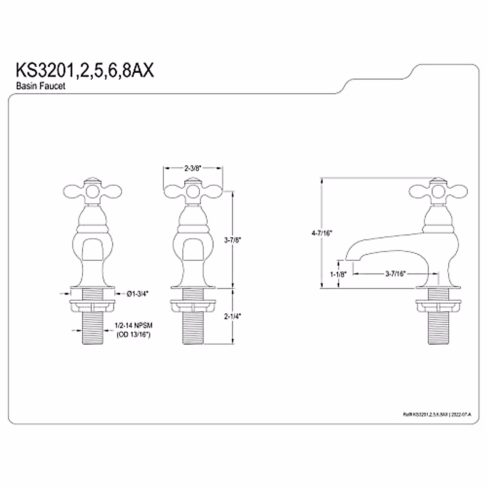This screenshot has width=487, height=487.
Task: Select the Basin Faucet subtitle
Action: tap(41, 86)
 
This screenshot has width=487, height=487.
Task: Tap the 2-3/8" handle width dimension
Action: tap(193, 167)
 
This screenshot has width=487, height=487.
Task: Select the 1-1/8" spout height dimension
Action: tap(337, 274)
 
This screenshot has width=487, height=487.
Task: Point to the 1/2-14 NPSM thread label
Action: tap(134, 326)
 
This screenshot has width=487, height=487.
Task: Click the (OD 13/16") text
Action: tap(134, 335)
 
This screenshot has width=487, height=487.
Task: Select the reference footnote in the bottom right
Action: tap(437, 414)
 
